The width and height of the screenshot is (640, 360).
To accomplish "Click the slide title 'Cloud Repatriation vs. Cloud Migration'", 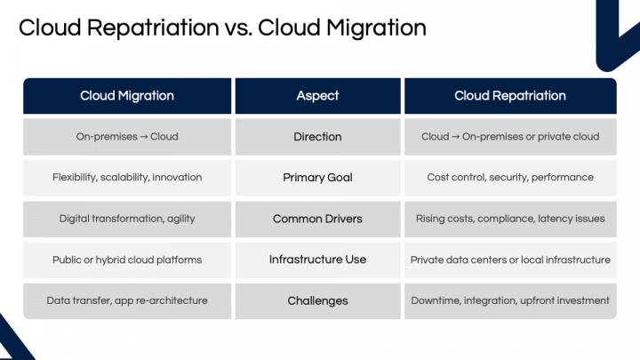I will pyautogui.click(x=222, y=28).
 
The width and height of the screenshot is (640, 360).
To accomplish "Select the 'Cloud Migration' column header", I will pyautogui.click(x=127, y=96).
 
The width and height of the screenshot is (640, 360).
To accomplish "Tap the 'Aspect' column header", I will pyautogui.click(x=317, y=96).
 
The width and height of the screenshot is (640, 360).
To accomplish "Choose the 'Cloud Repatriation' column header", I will pyautogui.click(x=509, y=96).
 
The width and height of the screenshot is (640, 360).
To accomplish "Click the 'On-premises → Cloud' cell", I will pyautogui.click(x=127, y=137).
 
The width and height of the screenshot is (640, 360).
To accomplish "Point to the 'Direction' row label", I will pyautogui.click(x=317, y=137).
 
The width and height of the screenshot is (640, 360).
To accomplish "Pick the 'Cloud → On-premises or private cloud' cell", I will pyautogui.click(x=509, y=137).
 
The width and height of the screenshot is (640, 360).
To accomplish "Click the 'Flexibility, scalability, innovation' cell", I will pyautogui.click(x=127, y=178).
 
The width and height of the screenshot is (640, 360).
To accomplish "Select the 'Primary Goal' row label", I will pyautogui.click(x=317, y=178).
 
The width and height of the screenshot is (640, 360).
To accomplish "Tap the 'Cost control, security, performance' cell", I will pyautogui.click(x=509, y=178).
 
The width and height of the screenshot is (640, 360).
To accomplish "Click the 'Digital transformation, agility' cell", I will pyautogui.click(x=127, y=219).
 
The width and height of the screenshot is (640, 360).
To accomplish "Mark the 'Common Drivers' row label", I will pyautogui.click(x=317, y=219).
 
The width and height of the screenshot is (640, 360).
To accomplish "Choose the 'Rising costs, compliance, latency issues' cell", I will pyautogui.click(x=509, y=219).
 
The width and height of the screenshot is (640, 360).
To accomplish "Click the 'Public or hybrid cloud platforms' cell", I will pyautogui.click(x=127, y=260).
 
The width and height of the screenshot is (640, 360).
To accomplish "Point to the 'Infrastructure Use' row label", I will pyautogui.click(x=317, y=260).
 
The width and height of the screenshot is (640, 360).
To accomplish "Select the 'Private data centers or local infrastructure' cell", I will pyautogui.click(x=509, y=260).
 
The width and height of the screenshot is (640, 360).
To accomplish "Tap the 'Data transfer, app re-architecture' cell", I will pyautogui.click(x=127, y=300).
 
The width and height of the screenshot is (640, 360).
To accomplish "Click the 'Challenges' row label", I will pyautogui.click(x=317, y=300).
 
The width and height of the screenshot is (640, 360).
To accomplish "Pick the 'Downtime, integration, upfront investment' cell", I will pyautogui.click(x=509, y=300).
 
